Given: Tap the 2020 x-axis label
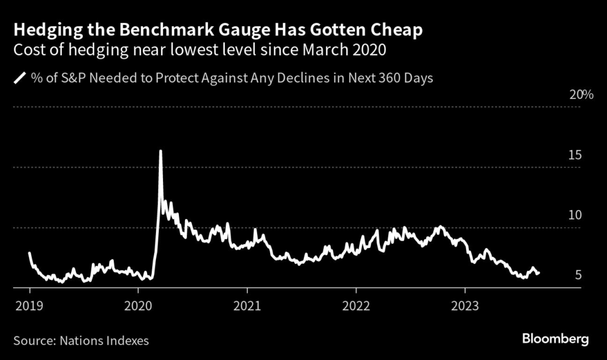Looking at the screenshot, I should pyautogui.click(x=138, y=306).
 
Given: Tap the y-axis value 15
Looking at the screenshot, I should pyautogui.click(x=574, y=155).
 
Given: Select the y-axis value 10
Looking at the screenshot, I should pyautogui.click(x=574, y=215).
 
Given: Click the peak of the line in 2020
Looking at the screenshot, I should pyautogui.click(x=160, y=151).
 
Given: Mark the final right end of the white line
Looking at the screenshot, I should pyautogui.click(x=539, y=273).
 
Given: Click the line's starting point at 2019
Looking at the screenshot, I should pyautogui.click(x=29, y=253).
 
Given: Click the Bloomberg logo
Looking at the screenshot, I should pyautogui.click(x=555, y=340).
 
